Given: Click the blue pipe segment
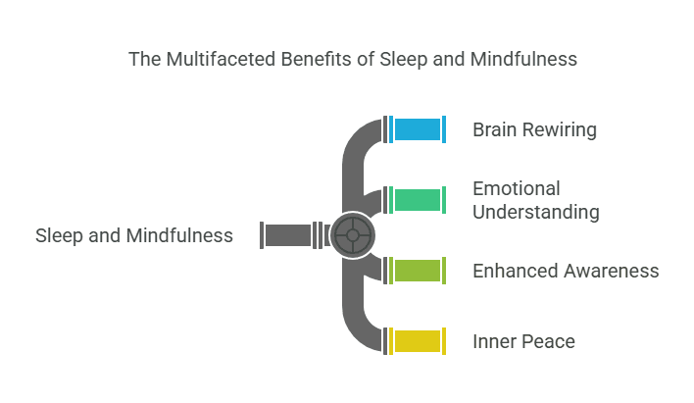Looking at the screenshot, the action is click(x=418, y=129).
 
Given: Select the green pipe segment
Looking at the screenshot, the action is click(x=418, y=200).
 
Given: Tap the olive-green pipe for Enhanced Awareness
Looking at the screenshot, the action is click(x=418, y=271).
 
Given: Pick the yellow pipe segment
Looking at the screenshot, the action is click(x=418, y=341).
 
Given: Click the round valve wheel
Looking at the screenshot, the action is click(x=353, y=235).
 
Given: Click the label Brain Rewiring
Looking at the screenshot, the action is click(x=534, y=129).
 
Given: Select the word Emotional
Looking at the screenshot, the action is click(x=517, y=188).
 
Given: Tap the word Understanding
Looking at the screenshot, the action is click(x=536, y=212).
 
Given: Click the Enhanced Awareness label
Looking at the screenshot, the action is click(x=566, y=271).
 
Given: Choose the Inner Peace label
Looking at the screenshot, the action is click(x=523, y=342).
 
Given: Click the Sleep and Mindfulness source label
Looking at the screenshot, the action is click(x=134, y=235).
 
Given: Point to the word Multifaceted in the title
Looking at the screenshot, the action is click(x=221, y=60).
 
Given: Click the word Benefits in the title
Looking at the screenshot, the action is click(x=316, y=60).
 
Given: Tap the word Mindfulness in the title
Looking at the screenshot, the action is click(x=523, y=60).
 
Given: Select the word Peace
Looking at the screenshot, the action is click(x=549, y=342).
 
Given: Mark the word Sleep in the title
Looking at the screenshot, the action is click(x=404, y=60).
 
